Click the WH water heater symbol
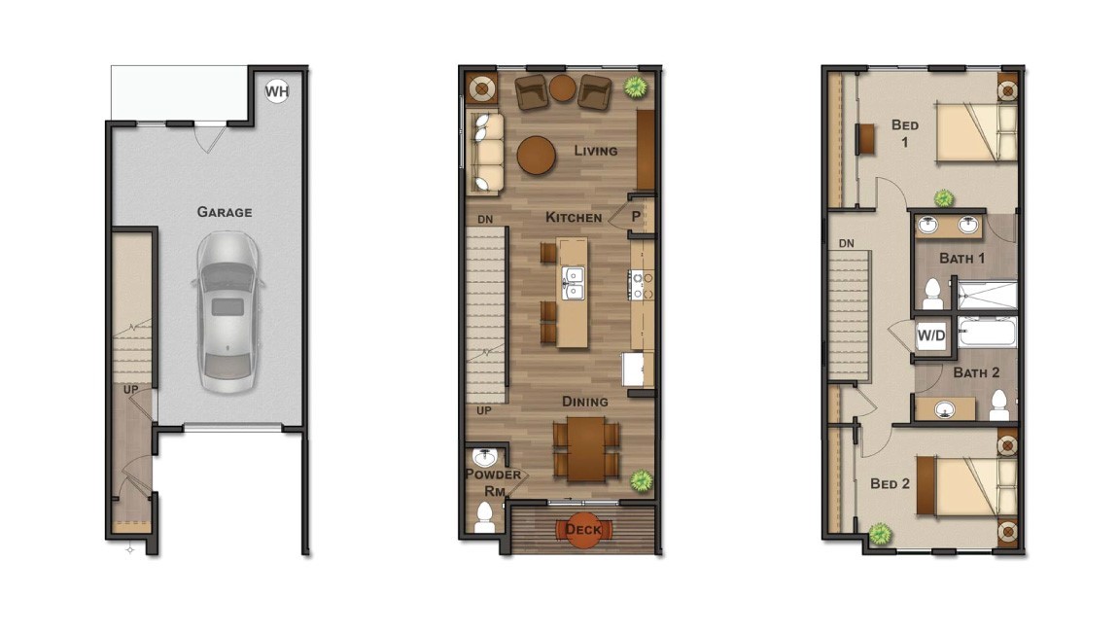click(277, 90)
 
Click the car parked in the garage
click(227, 311)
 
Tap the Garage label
click(225, 212)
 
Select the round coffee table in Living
click(537, 156)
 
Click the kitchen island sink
click(572, 282)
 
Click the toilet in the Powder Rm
click(485, 517)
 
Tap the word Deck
click(584, 530)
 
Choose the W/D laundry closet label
click(930, 335)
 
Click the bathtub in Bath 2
click(988, 334)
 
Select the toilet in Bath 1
click(932, 294)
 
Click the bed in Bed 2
click(968, 485)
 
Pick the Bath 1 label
click(961, 258)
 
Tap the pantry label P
click(636, 217)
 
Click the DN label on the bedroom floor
click(847, 243)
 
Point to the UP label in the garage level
click(130, 389)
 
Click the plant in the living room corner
click(634, 87)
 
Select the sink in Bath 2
click(945, 409)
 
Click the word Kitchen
click(574, 218)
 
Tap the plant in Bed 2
click(881, 534)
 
